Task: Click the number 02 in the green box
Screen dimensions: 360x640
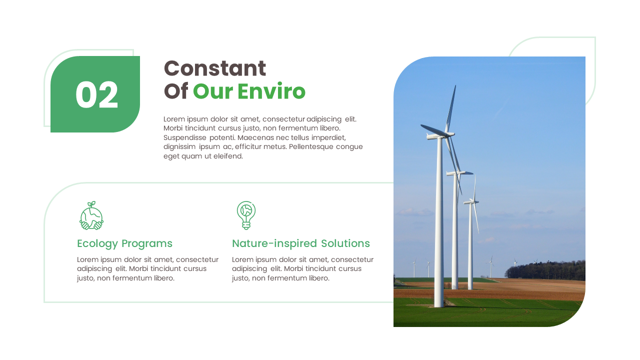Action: point(96,95)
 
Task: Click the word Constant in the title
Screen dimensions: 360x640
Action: point(215,68)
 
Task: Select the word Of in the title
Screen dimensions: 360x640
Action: point(176,91)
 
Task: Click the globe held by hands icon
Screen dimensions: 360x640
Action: point(91,216)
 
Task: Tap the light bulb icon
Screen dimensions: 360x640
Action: point(246,215)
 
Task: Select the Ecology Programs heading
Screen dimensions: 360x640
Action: point(124,243)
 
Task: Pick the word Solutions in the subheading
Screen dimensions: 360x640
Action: point(345,243)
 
